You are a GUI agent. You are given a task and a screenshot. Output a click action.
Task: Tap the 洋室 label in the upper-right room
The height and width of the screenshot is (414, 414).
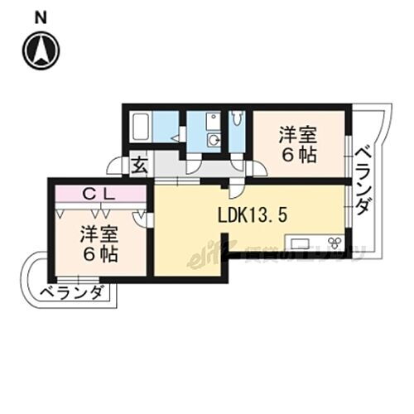pyautogui.click(x=296, y=132)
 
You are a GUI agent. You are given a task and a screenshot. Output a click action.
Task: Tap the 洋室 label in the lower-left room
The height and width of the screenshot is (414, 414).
pyautogui.click(x=98, y=233)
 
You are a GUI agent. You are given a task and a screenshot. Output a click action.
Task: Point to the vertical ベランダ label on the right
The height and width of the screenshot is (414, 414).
pyautogui.click(x=363, y=183)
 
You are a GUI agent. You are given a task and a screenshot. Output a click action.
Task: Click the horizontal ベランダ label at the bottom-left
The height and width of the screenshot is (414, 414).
pyautogui.click(x=72, y=292)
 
